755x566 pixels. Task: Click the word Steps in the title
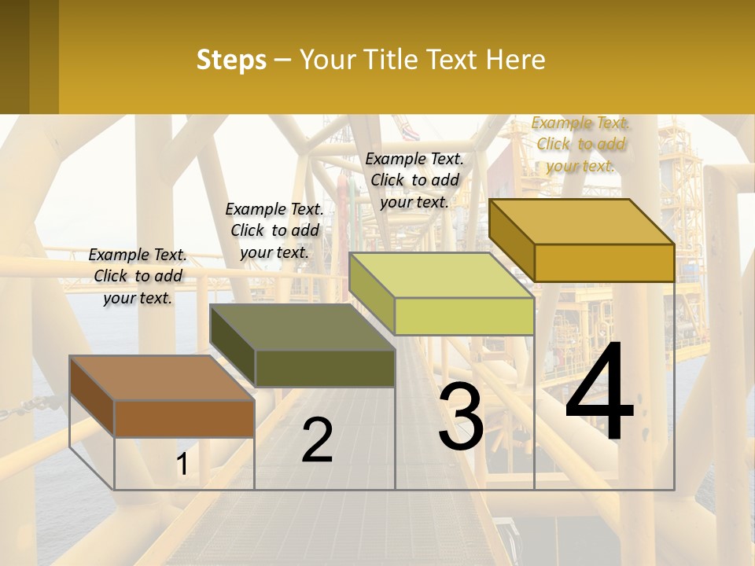point(230,60)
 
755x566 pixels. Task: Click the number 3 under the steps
point(461,417)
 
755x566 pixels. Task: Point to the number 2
point(317,440)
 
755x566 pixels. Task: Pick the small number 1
point(182,465)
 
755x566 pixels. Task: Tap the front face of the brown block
point(184,418)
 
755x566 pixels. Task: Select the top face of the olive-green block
point(303,327)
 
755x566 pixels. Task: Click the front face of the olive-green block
point(325,368)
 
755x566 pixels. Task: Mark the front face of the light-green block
point(464,316)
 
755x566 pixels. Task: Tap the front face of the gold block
point(604,263)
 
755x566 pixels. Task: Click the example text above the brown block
point(138,276)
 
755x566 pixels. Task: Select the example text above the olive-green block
point(274,230)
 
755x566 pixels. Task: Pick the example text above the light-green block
point(414,180)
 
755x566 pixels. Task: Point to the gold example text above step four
point(580,144)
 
